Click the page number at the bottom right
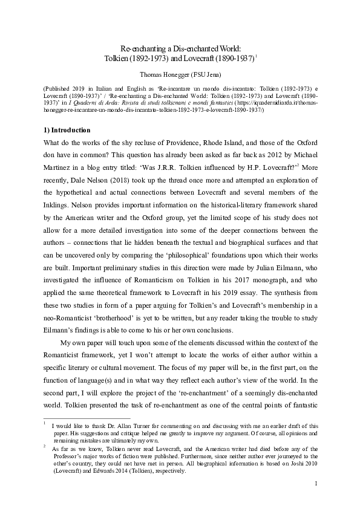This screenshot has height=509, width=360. pyautogui.click(x=316, y=501)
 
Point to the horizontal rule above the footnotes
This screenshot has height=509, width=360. pyautogui.click(x=84, y=418)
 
